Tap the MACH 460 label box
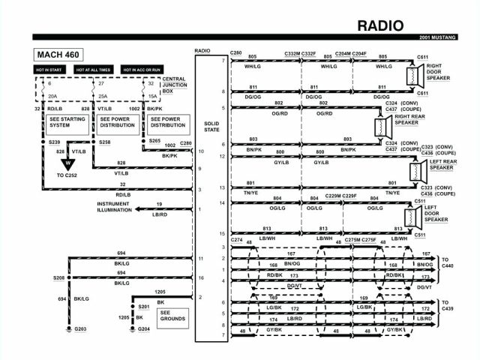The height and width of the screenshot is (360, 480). [58, 54]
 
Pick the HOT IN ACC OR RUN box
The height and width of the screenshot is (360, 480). [142, 70]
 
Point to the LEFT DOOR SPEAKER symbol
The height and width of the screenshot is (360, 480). [411, 218]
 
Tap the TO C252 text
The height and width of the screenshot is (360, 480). [65, 175]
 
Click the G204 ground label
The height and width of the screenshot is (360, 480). [143, 328]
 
